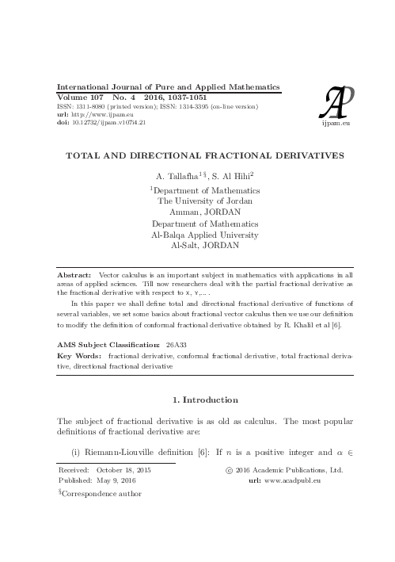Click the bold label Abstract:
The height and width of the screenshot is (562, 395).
[75, 273]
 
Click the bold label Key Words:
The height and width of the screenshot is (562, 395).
[81, 358]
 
